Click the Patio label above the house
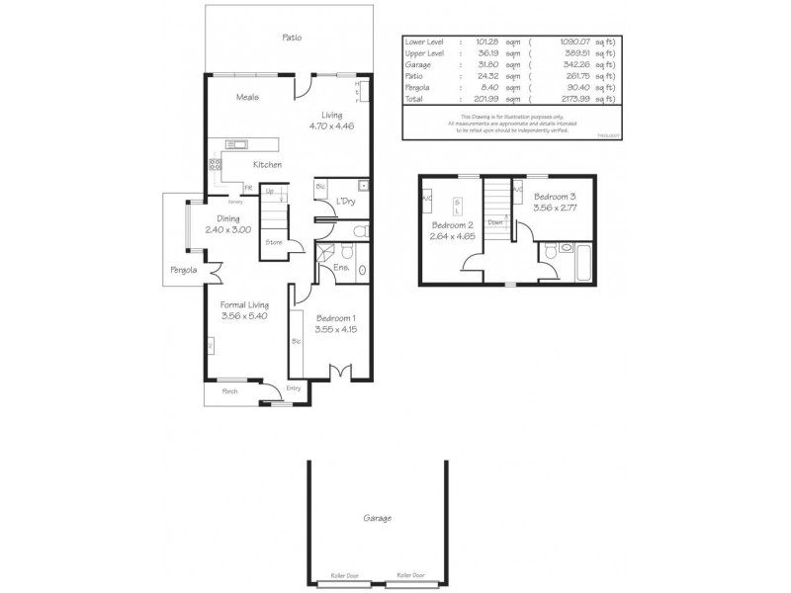click(x=291, y=38)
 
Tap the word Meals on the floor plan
click(x=247, y=97)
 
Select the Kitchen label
click(x=267, y=164)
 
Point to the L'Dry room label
click(x=346, y=202)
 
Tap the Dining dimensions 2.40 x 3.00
click(x=227, y=229)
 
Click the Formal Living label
click(x=243, y=305)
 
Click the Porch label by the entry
click(x=229, y=391)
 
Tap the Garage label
click(x=376, y=518)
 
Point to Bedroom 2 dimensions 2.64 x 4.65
click(x=452, y=235)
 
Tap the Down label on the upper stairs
click(x=497, y=222)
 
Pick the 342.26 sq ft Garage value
click(x=565, y=65)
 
